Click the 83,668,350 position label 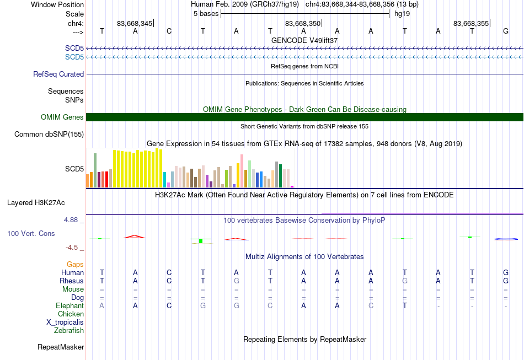303,23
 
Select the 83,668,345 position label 135,23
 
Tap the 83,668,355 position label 471,23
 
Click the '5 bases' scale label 206,14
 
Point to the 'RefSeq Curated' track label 58,74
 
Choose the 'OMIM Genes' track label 62,117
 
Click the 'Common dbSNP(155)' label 49,135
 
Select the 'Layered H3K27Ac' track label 36,203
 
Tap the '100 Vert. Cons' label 31,233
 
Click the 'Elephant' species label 70,306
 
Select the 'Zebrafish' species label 69,331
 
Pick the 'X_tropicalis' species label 65,323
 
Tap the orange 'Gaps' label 75,265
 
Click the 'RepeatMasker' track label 61,347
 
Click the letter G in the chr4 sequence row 506,31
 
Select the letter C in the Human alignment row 169,273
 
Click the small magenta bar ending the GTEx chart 292,187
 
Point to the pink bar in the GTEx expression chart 242,171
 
